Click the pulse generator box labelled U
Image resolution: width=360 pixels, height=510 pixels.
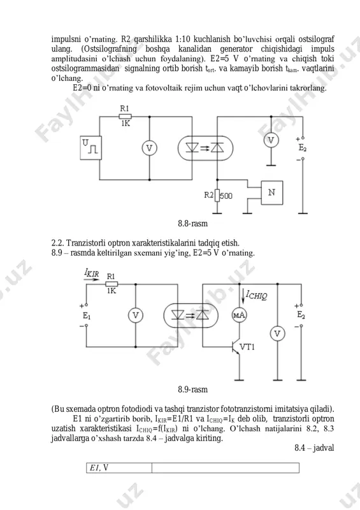click(x=90, y=148)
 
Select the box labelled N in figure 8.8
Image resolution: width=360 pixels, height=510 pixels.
click(x=272, y=193)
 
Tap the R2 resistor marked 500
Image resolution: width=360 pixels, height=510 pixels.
click(x=217, y=196)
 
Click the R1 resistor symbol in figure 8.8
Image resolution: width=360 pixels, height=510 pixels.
click(x=125, y=117)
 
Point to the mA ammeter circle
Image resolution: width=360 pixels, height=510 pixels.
click(x=240, y=315)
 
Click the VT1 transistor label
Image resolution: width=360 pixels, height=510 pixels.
click(x=247, y=347)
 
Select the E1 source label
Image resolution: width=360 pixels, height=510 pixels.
click(x=86, y=316)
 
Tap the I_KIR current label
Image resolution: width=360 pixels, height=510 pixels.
click(x=91, y=273)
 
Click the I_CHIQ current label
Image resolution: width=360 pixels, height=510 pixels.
click(x=256, y=295)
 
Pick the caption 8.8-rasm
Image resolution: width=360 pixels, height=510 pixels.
click(x=192, y=224)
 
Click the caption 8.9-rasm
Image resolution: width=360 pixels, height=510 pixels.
click(x=192, y=390)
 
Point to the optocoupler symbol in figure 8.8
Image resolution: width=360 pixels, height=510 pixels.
click(x=206, y=148)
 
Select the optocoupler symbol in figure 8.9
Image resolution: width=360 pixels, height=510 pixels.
click(x=191, y=315)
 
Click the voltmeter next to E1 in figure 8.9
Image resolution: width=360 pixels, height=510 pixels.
click(x=136, y=315)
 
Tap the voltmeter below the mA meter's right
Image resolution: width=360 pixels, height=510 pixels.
click(x=277, y=333)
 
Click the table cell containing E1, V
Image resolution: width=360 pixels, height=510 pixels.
click(x=119, y=468)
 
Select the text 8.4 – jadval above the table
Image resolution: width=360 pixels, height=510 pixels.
click(x=314, y=448)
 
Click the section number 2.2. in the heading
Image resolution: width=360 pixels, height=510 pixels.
click(x=57, y=243)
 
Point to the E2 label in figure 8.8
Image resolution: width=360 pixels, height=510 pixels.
click(x=303, y=148)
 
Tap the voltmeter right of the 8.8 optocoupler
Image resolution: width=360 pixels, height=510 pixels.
click(x=271, y=140)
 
